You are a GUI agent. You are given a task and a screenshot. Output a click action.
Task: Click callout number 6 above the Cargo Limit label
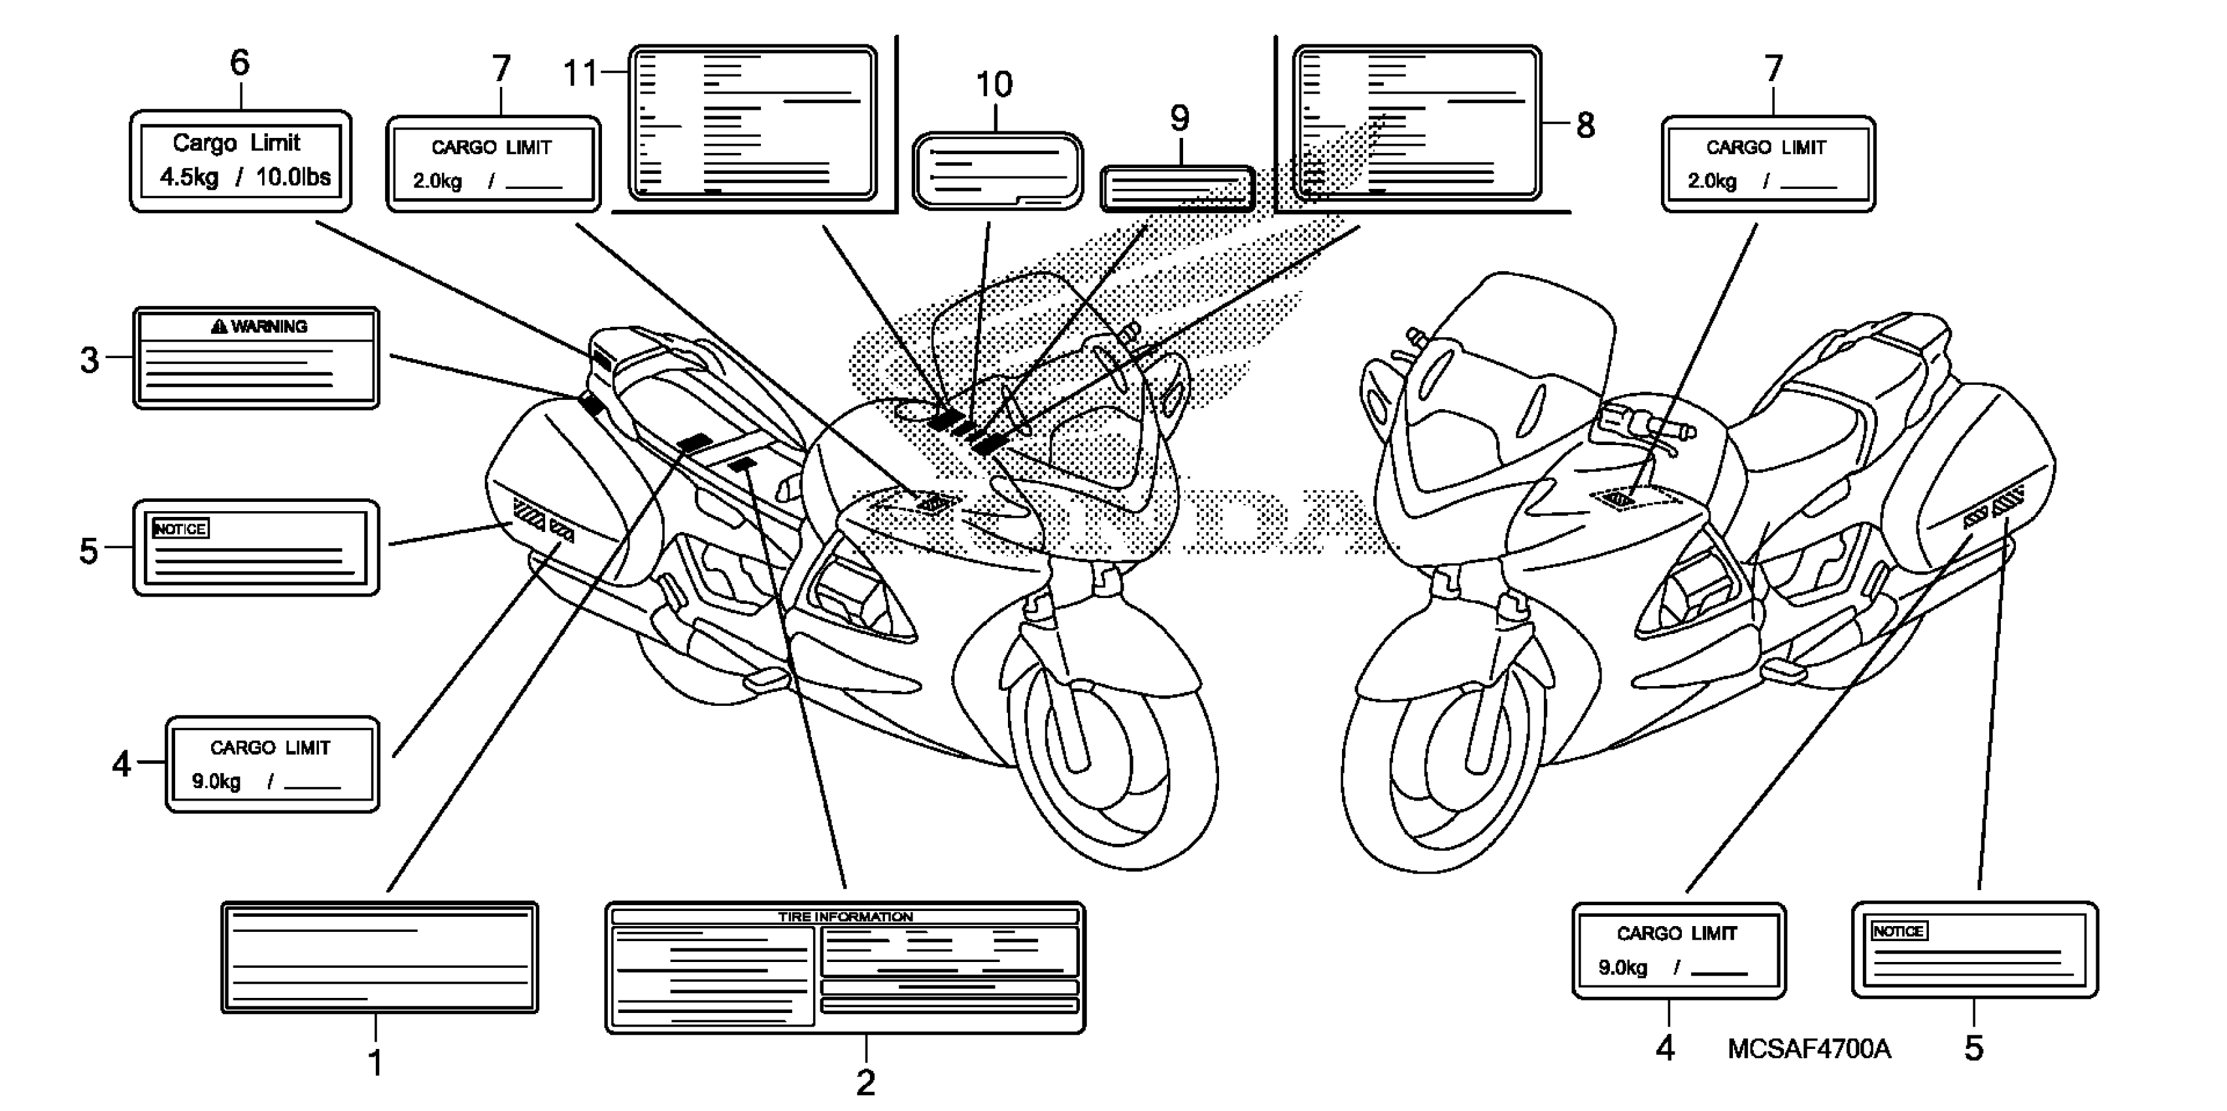[x=239, y=62]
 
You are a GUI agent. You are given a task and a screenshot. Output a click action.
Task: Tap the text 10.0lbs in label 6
[x=293, y=177]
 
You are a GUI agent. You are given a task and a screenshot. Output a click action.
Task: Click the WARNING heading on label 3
[x=260, y=326]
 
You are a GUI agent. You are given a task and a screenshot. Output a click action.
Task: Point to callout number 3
[x=89, y=359]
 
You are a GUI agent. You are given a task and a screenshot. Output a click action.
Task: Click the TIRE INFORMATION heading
[x=845, y=916]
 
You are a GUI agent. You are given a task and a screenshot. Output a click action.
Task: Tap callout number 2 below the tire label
[x=865, y=1082]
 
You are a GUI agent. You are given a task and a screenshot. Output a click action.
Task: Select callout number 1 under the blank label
[x=375, y=1063]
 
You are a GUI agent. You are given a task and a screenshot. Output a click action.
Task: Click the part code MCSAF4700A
[x=1809, y=1049]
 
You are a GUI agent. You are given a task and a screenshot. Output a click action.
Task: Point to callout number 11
[x=581, y=73]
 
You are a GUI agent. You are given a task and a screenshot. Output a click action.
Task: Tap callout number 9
[x=1179, y=118]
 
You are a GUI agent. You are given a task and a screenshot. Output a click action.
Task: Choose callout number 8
[x=1586, y=125]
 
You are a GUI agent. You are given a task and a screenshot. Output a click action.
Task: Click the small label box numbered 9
[x=1177, y=188]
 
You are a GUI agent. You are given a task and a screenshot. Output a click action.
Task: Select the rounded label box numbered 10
[x=997, y=171]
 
